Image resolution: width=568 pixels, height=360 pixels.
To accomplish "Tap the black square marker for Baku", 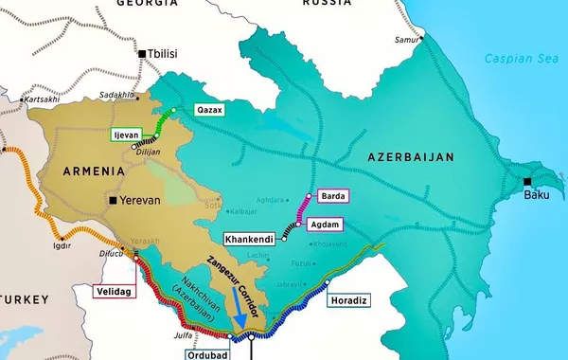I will point(527,181).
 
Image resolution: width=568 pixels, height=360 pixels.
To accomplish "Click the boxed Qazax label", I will point(208,110).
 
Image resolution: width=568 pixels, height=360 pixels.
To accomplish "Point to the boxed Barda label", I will point(333,196).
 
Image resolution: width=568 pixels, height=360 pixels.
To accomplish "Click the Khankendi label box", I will point(249,239).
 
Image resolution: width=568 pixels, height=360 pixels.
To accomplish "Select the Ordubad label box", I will point(205,348).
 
